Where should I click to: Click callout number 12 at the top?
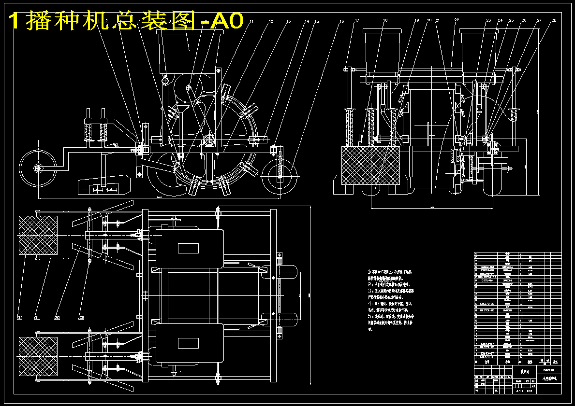pos(271,22)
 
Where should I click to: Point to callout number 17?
pos(357,21)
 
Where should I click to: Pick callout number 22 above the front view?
pos(457,21)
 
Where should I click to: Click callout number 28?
pos(554,21)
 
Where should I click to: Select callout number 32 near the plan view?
pos(19,318)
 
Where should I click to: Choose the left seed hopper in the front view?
pos(383,48)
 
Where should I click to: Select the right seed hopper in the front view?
pos(478,48)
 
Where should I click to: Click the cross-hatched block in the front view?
pos(370,165)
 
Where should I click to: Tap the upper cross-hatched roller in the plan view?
pos(38,235)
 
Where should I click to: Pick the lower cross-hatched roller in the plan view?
pos(38,356)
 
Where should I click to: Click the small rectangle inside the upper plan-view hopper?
pos(188,248)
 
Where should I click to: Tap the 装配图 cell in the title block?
pos(524,372)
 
